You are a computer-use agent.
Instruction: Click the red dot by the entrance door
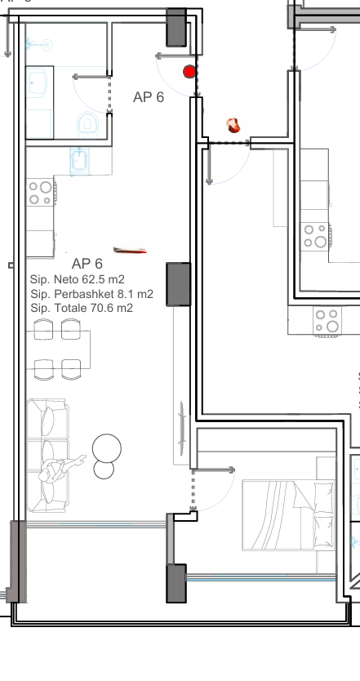click(x=189, y=72)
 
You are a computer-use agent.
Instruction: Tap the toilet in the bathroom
click(x=87, y=124)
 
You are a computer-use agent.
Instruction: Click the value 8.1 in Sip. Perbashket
click(x=125, y=294)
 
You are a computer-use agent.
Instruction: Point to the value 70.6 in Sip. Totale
click(x=101, y=309)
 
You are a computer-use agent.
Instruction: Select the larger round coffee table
click(x=107, y=447)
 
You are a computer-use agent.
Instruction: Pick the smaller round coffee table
click(x=104, y=470)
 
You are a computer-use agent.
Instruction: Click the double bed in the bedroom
click(x=289, y=515)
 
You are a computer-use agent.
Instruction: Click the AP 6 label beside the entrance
click(x=149, y=97)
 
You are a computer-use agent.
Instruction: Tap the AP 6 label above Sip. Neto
click(x=87, y=264)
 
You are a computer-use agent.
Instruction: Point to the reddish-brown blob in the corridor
click(x=233, y=126)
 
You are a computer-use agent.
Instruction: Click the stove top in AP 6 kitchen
click(x=40, y=194)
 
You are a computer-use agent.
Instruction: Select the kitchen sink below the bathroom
click(x=79, y=161)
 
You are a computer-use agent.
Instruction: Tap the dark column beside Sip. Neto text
click(x=179, y=284)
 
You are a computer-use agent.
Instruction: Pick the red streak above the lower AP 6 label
click(x=130, y=250)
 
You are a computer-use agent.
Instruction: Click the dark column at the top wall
click(x=177, y=27)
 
